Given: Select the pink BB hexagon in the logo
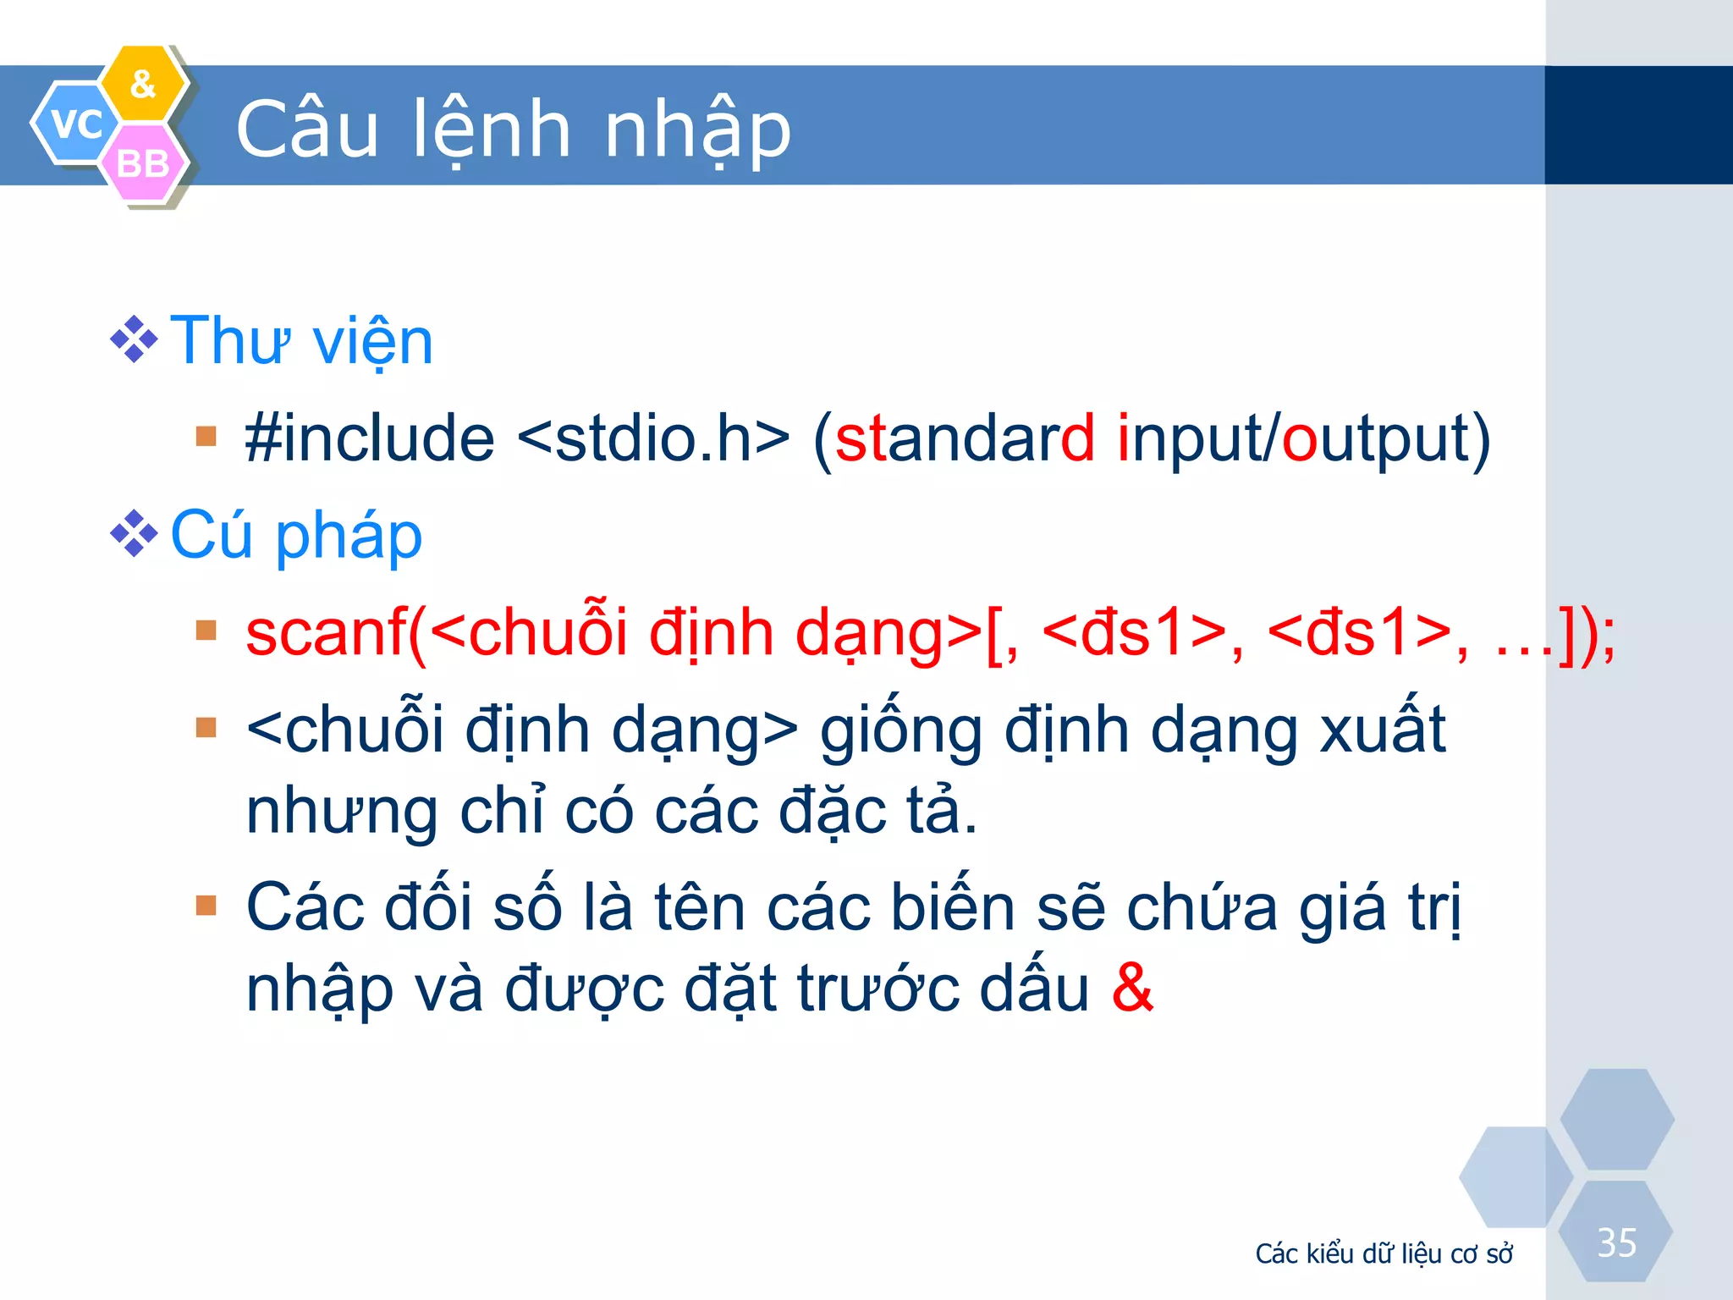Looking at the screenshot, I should pyautogui.click(x=143, y=162).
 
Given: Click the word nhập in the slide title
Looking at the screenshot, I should pyautogui.click(x=697, y=131).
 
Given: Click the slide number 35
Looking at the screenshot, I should pyautogui.click(x=1616, y=1243).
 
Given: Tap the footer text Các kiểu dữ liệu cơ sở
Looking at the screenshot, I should pyautogui.click(x=1384, y=1253).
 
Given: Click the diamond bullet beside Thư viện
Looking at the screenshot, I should pyautogui.click(x=134, y=339).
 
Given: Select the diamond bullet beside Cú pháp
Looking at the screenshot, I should pyautogui.click(x=134, y=534).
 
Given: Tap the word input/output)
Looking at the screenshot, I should pyautogui.click(x=1303, y=440).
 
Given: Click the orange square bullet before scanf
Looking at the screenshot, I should pyautogui.click(x=206, y=631).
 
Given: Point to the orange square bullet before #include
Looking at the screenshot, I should pyautogui.click(x=206, y=436).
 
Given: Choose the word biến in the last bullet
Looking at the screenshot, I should pyautogui.click(x=952, y=907).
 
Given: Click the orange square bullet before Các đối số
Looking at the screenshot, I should pyautogui.click(x=206, y=906).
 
